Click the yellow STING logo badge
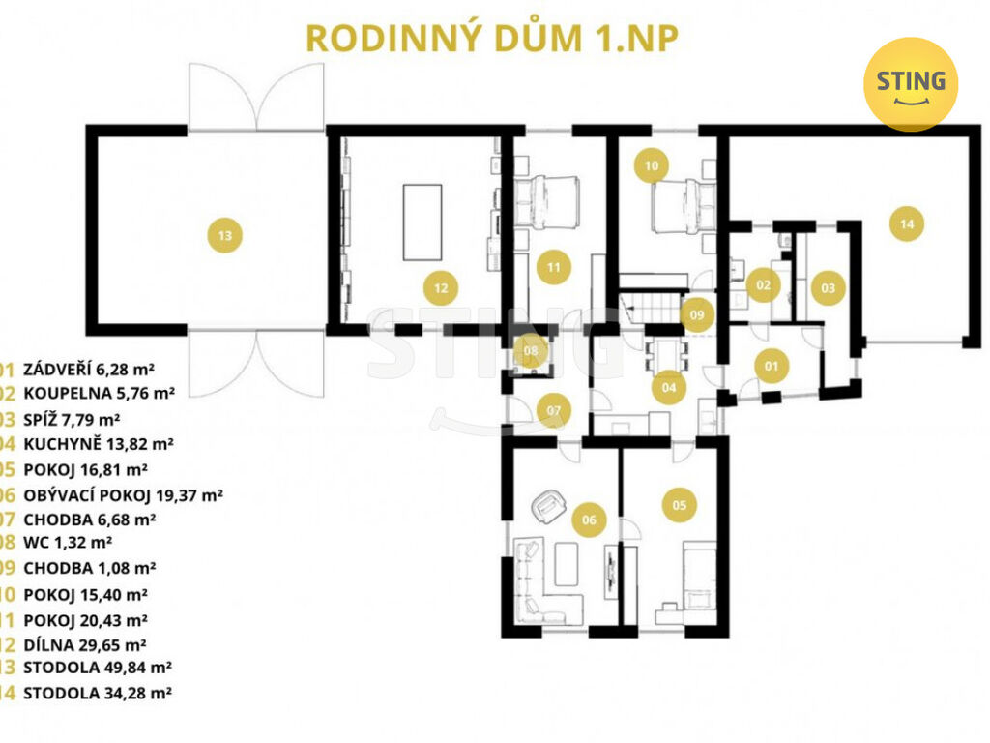coord(910,84)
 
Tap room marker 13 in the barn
coord(225,234)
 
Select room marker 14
coord(907,224)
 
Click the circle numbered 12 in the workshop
coord(440,286)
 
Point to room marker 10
coord(652,165)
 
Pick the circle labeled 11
coord(553,266)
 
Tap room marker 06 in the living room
coord(589,520)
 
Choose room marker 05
coord(679,504)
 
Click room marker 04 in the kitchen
coord(668,388)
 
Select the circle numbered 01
coord(772,366)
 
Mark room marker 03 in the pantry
coord(829,287)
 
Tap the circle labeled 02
coord(763,284)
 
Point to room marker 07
coord(553,411)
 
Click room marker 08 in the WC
coord(531,350)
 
